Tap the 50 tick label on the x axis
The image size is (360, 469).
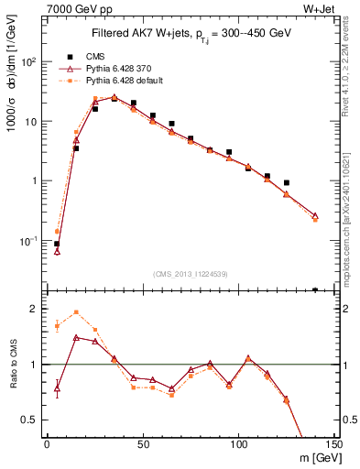142,444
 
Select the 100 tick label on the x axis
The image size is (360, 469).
238,444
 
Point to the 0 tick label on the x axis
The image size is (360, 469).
47,444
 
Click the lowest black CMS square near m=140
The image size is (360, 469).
315,289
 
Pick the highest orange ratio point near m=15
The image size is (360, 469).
76,312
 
